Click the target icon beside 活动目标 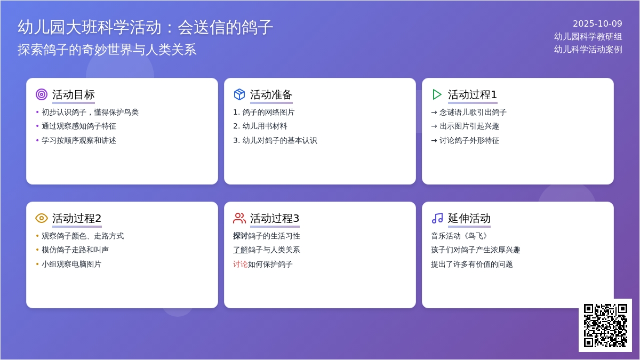coord(42,94)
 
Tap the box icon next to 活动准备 coord(239,94)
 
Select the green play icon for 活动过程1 coord(437,94)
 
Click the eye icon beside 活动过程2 coord(42,218)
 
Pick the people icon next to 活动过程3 coord(239,218)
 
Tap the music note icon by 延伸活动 coord(437,218)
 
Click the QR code coord(605,325)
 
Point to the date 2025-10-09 coord(597,23)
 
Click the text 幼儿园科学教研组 coord(588,37)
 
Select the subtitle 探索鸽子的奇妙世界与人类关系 coord(107,50)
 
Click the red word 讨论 coord(241,264)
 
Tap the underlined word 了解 coord(241,250)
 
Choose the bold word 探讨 coord(241,236)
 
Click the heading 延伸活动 coord(469,218)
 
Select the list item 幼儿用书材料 coord(265,126)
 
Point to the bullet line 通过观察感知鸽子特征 coord(79,126)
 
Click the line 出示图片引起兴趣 coord(469,126)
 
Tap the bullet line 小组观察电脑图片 coord(71,264)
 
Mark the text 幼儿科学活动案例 coord(588,50)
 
